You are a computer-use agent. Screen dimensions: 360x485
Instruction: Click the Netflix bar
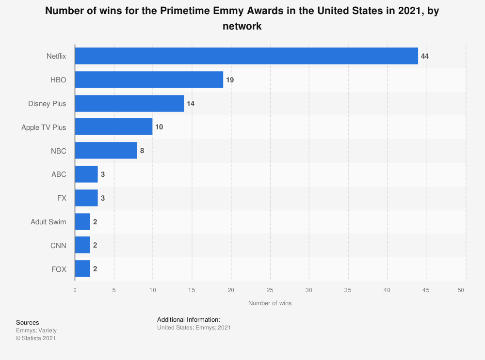246,56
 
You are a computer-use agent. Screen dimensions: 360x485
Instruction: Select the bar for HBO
149,79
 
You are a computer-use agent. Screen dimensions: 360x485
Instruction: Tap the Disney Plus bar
129,103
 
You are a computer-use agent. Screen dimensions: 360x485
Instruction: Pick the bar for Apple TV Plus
113,127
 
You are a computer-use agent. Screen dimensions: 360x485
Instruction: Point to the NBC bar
106,151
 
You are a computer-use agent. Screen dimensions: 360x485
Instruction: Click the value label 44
425,56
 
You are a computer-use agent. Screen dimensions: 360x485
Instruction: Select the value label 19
230,79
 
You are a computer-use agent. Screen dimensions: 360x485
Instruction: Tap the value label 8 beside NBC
142,151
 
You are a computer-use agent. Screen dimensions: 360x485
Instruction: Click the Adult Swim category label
48,222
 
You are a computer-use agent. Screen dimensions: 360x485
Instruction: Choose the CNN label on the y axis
58,246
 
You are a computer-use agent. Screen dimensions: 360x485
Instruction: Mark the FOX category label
58,269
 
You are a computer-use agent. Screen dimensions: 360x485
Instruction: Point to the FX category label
62,198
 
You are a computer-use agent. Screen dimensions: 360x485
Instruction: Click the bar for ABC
86,174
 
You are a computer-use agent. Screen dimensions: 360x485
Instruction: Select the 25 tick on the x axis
270,290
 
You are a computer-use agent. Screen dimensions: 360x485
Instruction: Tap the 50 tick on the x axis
461,290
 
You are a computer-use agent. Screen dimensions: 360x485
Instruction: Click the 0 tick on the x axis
75,290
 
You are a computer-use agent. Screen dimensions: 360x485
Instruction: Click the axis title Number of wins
270,303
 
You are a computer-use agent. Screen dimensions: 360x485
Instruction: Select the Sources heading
28,322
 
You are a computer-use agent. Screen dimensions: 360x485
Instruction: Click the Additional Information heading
189,319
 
